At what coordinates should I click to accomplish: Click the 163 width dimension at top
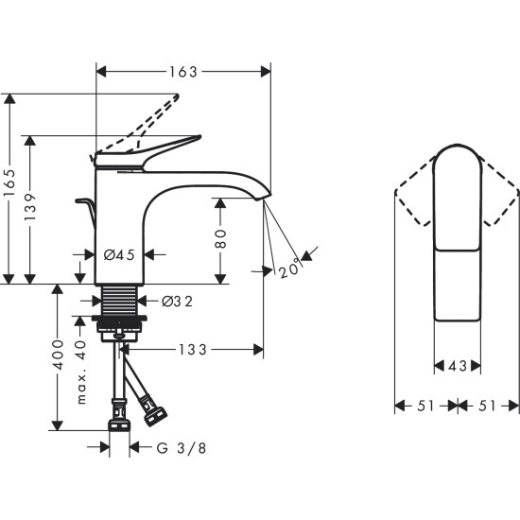(184, 71)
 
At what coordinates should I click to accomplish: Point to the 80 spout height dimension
(221, 240)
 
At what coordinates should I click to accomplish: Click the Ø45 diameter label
(119, 254)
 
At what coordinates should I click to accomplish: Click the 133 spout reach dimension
(194, 350)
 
